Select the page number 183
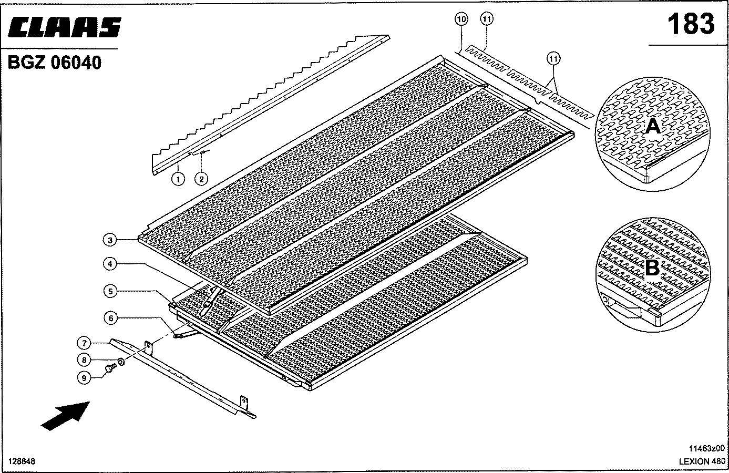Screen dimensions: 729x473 point(691,24)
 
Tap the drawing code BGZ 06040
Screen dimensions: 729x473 point(54,62)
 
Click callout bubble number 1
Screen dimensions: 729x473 point(178,179)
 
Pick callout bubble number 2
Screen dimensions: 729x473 point(201,179)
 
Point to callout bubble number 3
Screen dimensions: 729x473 point(110,240)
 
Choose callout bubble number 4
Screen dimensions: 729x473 point(110,264)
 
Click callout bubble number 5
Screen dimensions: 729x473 point(110,291)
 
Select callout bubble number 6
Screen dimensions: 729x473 point(111,318)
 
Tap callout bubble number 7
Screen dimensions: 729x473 point(84,343)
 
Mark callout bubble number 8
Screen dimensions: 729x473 point(84,360)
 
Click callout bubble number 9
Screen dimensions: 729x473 point(84,378)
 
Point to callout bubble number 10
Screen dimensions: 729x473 point(461,19)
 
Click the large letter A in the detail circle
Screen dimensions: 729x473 point(653,126)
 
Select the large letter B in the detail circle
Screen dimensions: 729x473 point(652,268)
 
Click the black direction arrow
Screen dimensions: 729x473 point(65,416)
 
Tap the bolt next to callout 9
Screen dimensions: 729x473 point(110,368)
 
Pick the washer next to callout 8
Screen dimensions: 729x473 point(121,362)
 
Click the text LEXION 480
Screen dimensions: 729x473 point(702,461)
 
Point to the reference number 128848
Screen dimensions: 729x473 point(22,461)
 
